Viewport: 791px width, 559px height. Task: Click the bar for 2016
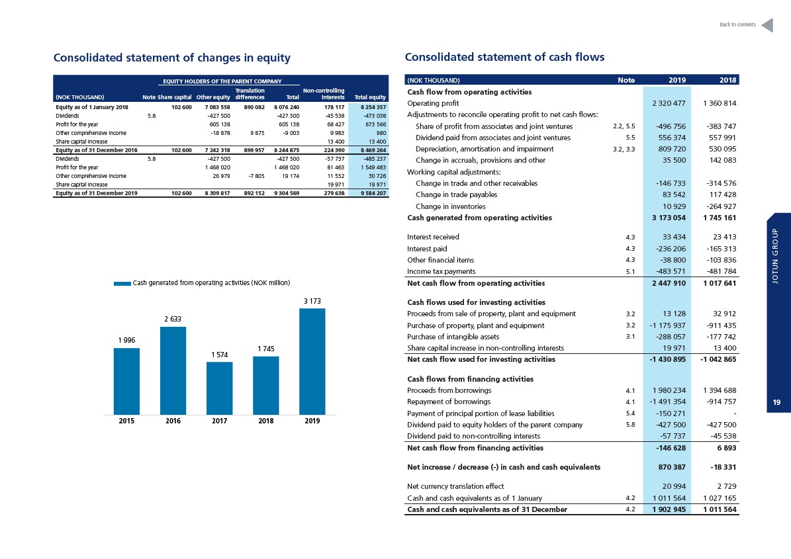point(173,370)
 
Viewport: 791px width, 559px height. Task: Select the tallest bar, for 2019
point(312,361)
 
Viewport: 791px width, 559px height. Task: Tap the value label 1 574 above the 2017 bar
point(220,355)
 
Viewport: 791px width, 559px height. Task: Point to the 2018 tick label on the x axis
point(266,421)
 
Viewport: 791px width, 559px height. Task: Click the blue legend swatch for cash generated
point(122,283)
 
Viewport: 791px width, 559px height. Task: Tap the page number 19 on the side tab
point(776,402)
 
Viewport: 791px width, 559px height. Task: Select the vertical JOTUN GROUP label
point(775,256)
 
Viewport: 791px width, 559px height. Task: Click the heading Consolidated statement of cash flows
point(504,57)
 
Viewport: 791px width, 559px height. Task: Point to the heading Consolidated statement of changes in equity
point(172,58)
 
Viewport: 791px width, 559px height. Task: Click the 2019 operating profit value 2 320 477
point(669,103)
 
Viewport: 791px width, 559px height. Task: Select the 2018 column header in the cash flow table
point(728,80)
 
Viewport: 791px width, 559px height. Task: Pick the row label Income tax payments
point(441,271)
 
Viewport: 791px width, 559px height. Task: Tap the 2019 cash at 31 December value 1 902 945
point(669,509)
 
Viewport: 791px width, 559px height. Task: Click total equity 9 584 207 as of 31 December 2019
point(373,193)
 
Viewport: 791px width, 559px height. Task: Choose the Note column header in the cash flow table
point(626,80)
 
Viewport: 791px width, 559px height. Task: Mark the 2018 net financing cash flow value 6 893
point(726,448)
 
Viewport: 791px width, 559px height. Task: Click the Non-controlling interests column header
point(324,94)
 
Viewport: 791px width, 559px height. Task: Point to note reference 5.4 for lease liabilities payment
point(630,413)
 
